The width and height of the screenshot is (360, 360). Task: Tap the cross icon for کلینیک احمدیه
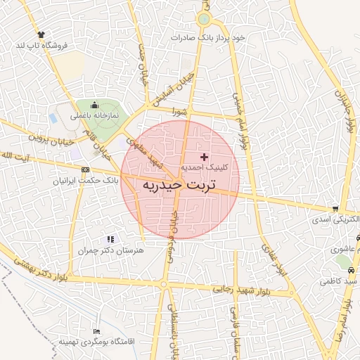(x=205, y=156)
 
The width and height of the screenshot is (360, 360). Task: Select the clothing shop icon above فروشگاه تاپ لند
(x=41, y=34)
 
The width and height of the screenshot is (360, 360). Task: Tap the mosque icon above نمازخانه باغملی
(x=95, y=103)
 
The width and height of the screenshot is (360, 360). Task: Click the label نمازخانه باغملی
(x=94, y=114)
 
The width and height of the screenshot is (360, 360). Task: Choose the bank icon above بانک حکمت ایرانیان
(x=85, y=169)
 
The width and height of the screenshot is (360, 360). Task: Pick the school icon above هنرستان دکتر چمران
(x=109, y=240)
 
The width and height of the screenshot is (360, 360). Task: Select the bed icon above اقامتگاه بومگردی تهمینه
(x=96, y=331)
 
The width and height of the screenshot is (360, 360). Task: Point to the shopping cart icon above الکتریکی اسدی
(x=336, y=209)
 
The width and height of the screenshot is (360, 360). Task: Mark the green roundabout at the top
(x=204, y=19)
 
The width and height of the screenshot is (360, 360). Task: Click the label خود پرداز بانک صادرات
(x=212, y=37)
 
